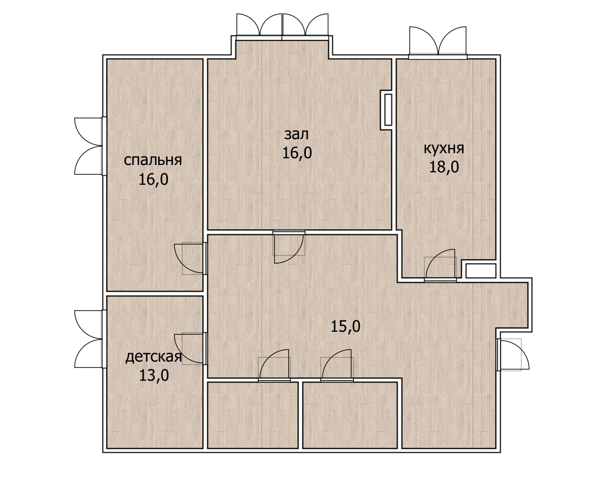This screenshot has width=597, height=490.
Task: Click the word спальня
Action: pos(153,161)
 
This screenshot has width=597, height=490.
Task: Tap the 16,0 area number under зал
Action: pos(297,153)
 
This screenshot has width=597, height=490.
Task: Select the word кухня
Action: pos(444,148)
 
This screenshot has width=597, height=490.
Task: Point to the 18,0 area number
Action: pos(444,167)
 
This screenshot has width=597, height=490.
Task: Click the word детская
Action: pos(153,357)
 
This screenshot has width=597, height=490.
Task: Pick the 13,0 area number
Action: pos(153,376)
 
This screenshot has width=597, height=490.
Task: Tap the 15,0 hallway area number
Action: pos(345,326)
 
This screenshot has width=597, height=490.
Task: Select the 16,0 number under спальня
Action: pos(153,179)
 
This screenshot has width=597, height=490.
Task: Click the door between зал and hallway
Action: pos(289,246)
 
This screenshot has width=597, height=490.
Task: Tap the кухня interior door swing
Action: pos(440,265)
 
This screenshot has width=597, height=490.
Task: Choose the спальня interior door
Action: pos(191,259)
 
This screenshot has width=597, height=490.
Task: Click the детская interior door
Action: pos(191,349)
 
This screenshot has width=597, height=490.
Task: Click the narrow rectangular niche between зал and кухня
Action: pos(387,110)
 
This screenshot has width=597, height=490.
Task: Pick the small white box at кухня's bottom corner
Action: pos(481,271)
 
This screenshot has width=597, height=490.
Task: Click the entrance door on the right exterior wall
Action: pos(513,354)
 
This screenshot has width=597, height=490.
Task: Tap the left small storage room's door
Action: pos(274,365)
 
